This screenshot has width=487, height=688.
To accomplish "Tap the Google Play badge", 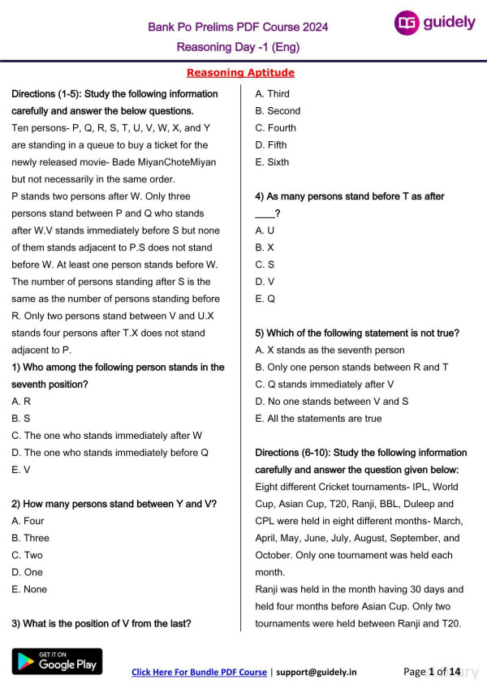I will point(57,661).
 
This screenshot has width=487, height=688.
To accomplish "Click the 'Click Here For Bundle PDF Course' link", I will point(199,672).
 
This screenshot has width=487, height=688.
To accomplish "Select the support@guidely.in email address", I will point(316,672).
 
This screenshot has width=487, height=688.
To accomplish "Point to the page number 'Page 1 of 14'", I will point(431,671).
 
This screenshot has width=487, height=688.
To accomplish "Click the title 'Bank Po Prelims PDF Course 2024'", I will point(238,27).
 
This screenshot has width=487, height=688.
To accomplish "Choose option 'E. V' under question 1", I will point(21,470).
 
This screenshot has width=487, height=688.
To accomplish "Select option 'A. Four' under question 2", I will point(28,521).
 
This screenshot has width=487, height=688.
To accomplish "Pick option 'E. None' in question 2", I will point(29,589).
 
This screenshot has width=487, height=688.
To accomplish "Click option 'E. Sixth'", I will point(272,162).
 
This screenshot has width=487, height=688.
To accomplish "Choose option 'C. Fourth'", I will point(275,128).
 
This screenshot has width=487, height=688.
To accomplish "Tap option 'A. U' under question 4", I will point(265,230).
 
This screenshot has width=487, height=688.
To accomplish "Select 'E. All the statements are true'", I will point(318,419).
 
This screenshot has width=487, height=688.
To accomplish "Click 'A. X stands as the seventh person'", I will point(330,350).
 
